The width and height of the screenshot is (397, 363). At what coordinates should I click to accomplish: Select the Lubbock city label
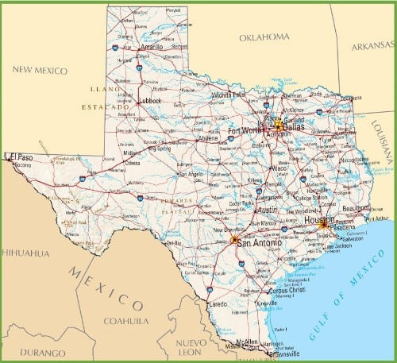148,101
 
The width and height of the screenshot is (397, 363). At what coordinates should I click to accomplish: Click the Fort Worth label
245,131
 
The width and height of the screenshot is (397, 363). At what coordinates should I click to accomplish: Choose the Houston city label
321,219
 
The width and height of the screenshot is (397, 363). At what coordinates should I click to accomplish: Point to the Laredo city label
218,304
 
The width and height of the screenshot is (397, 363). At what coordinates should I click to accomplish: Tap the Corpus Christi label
287,291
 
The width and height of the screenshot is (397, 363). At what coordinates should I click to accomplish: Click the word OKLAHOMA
264,37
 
